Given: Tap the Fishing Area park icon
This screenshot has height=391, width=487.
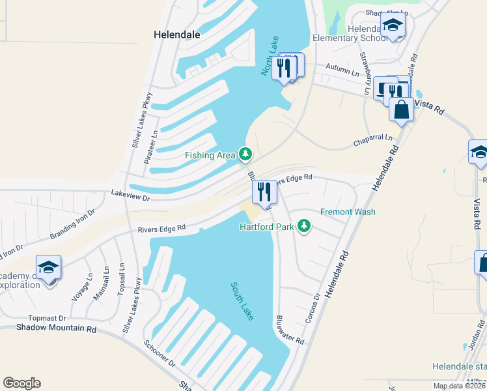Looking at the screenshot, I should coord(245,154).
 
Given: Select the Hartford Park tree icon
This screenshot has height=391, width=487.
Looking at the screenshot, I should coord(303,226).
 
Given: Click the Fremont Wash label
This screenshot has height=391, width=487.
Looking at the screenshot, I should coord(348,212).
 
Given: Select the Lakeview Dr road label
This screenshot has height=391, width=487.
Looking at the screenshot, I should coord(130,195).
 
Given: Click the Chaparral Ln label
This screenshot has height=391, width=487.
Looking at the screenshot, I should coord(373,138).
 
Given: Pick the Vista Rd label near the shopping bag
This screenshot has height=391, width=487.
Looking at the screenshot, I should coord(428,107).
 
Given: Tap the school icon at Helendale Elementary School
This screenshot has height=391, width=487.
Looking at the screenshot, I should coord(393,27).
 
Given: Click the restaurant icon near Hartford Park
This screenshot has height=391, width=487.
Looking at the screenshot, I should coord(264,192).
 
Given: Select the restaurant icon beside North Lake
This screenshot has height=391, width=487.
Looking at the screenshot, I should coord(284,66).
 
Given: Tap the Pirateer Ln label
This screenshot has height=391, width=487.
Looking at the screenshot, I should coord(154,147).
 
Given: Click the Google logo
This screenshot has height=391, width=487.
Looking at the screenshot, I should coord(21,383).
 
